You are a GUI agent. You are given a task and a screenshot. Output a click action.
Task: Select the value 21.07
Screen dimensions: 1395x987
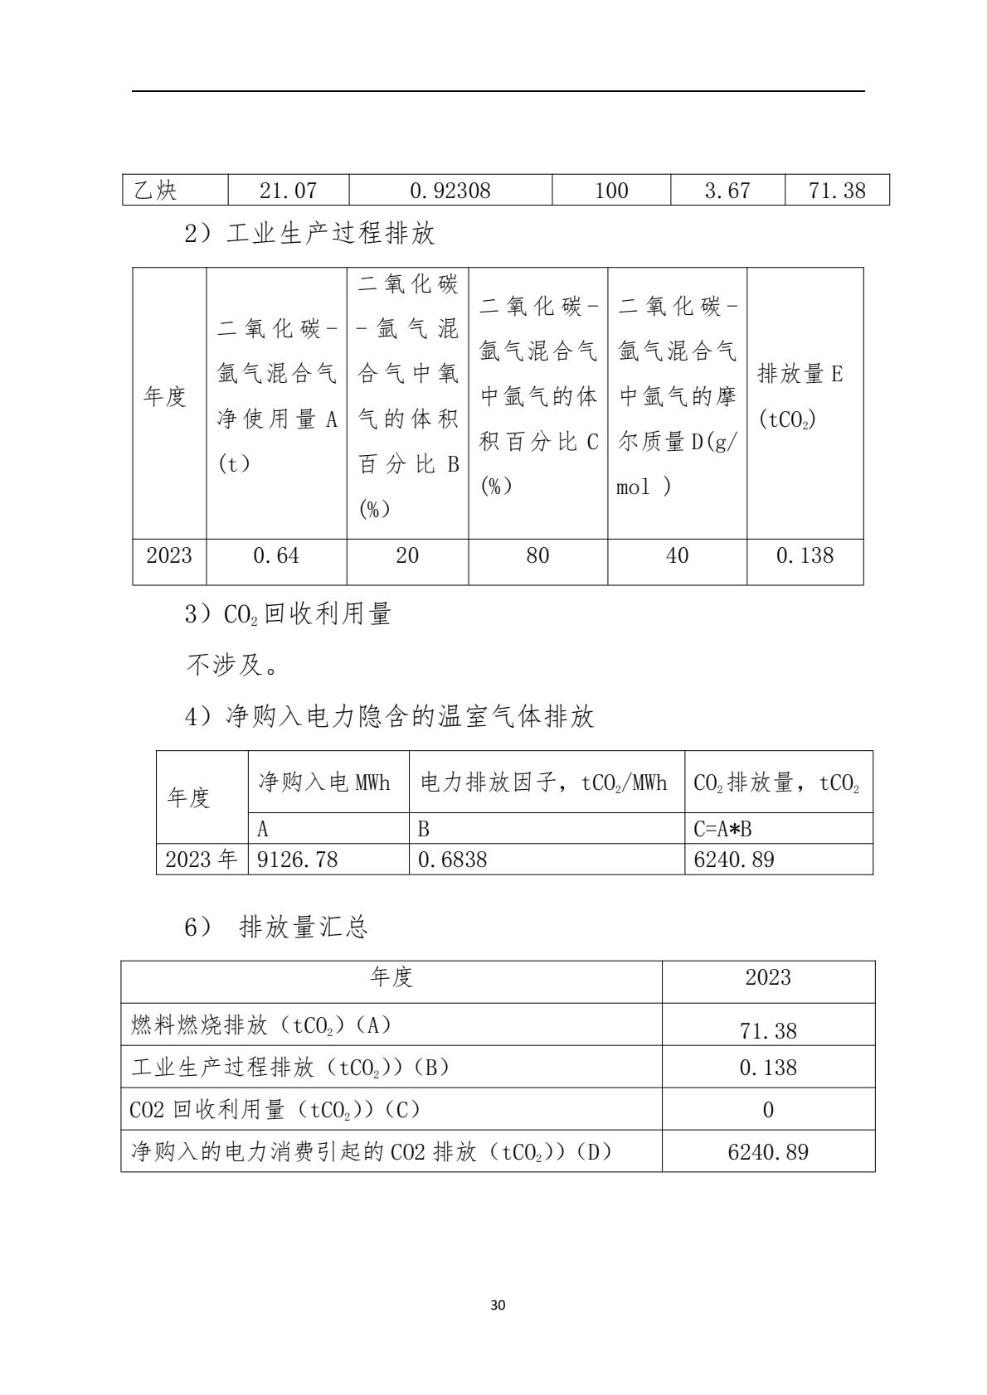click(x=288, y=191)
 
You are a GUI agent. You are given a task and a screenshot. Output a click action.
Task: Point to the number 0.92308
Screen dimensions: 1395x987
click(x=450, y=191)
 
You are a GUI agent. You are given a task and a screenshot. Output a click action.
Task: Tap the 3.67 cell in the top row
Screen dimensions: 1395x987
click(x=727, y=191)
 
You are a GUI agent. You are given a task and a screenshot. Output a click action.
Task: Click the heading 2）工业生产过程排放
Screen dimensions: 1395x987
click(x=309, y=234)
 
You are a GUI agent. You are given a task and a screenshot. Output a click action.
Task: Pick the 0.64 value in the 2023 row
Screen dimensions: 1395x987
click(x=276, y=555)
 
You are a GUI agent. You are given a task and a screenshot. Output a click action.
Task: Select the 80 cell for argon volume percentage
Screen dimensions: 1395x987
click(x=537, y=555)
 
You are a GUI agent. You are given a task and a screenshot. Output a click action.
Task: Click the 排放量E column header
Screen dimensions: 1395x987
click(x=800, y=396)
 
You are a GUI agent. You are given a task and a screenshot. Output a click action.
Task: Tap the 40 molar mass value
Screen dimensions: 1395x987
click(x=677, y=555)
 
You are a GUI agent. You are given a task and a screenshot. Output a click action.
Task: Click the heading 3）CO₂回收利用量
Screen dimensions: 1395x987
click(x=288, y=614)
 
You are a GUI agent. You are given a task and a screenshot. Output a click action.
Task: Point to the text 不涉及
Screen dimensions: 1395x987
click(x=231, y=665)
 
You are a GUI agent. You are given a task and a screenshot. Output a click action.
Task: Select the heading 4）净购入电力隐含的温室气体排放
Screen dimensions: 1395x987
click(x=389, y=716)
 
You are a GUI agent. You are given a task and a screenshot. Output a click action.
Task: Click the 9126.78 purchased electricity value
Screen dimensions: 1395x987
click(x=298, y=860)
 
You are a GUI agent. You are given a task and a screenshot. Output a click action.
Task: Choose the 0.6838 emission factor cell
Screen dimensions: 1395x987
click(x=452, y=860)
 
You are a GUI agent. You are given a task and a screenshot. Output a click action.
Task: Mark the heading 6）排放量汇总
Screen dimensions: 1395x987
click(x=276, y=928)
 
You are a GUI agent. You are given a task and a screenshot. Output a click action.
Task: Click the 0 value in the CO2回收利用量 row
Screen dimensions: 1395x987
click(x=768, y=1110)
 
